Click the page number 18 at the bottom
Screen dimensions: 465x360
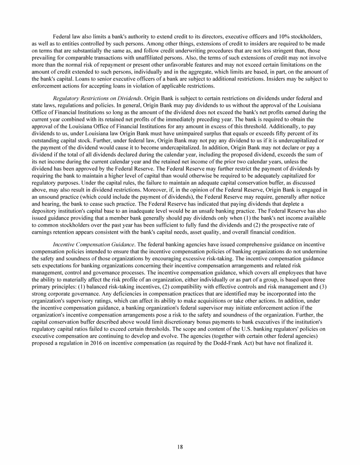[x=180, y=446]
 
